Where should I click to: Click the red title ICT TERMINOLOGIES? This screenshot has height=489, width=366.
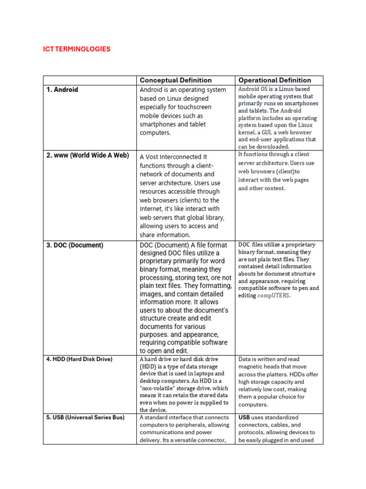[77, 49]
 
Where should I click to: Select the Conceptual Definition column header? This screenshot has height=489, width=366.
[175, 80]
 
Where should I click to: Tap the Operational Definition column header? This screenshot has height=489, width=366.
[274, 80]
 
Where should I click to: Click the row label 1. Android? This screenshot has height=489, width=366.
[62, 90]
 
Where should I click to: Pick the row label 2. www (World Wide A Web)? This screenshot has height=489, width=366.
[88, 156]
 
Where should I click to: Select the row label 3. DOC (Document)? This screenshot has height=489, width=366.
[75, 245]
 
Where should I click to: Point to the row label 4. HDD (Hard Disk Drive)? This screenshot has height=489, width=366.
[79, 359]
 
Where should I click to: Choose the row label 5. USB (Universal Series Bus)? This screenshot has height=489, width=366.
[85, 417]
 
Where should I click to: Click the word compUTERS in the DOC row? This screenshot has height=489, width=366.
[274, 296]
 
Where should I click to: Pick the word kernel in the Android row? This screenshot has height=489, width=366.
[247, 132]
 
